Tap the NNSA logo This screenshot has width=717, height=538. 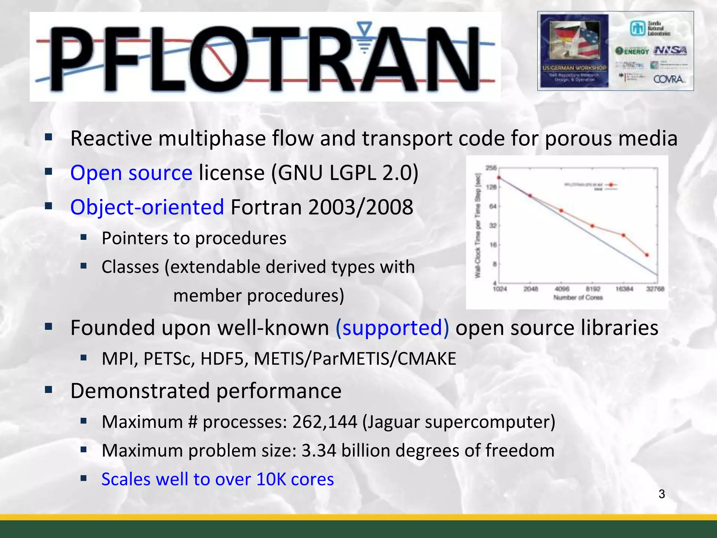click(x=670, y=51)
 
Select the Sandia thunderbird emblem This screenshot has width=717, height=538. click(x=638, y=28)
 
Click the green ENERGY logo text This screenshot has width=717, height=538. click(x=636, y=51)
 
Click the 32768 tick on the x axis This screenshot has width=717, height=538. click(x=655, y=289)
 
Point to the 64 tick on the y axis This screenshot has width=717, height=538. click(x=493, y=206)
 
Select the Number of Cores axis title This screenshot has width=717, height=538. click(x=578, y=298)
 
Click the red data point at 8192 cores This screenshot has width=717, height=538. click(x=592, y=226)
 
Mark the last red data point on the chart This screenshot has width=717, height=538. click(x=647, y=255)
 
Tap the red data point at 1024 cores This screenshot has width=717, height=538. click(x=499, y=178)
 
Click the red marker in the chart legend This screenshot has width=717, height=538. click(x=611, y=185)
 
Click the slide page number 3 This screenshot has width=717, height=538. click(x=661, y=494)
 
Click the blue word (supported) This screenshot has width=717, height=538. click(x=392, y=328)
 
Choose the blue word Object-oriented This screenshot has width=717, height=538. click(x=147, y=207)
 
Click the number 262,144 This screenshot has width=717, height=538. click(x=325, y=422)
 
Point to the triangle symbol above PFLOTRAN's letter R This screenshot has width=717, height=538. click(x=365, y=28)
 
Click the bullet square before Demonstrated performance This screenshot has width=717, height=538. click(x=48, y=389)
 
